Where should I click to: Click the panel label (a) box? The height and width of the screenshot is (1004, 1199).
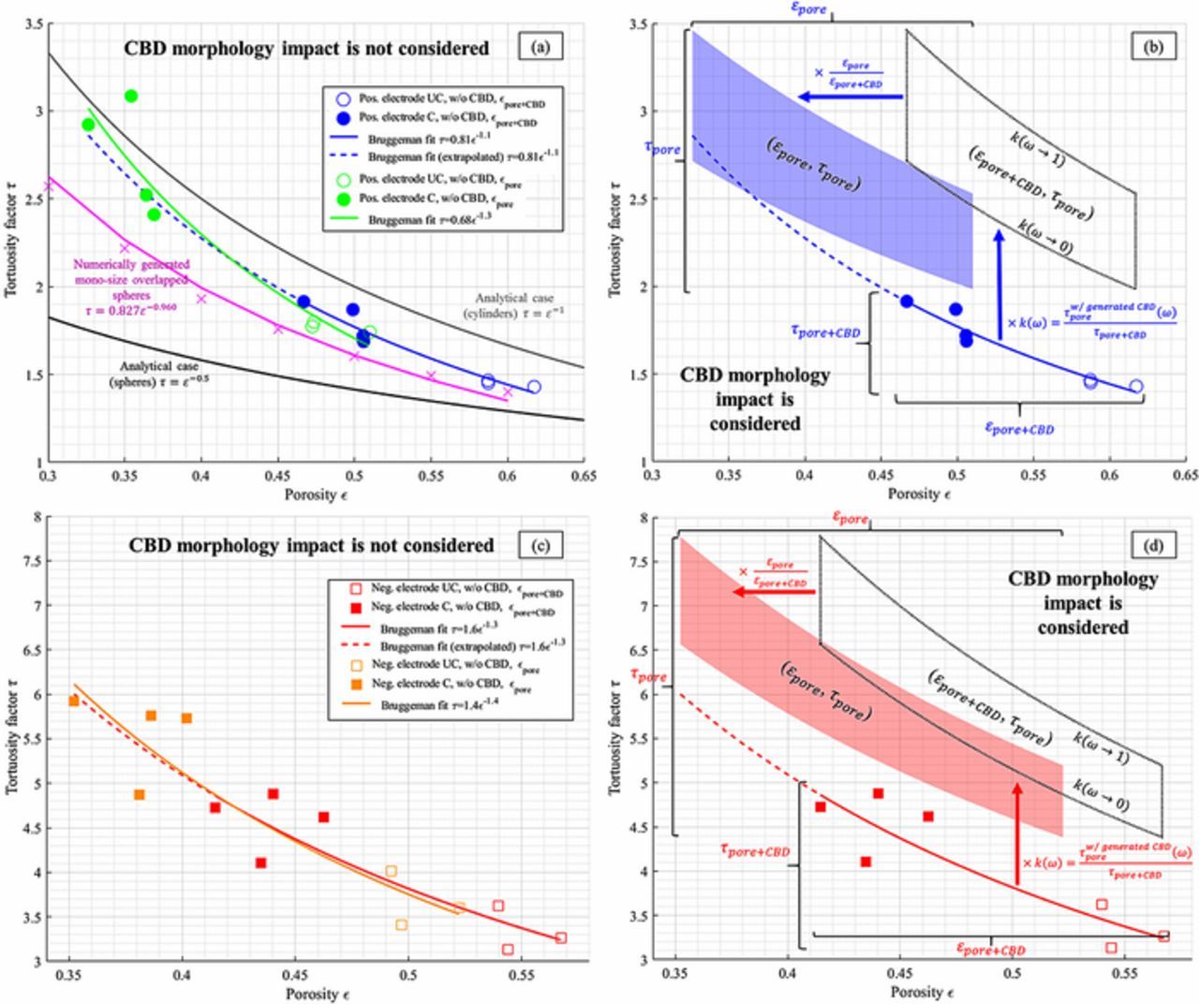click(540, 46)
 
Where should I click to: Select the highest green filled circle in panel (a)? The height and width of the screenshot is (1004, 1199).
click(131, 96)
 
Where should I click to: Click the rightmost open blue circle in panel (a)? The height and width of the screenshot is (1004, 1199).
click(534, 387)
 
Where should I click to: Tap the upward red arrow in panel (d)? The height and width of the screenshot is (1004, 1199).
click(1018, 834)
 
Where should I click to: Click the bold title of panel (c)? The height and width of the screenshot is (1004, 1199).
click(311, 545)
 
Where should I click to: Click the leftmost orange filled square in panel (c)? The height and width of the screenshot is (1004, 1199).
click(73, 701)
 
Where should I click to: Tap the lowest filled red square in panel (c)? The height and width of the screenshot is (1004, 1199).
click(260, 863)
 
